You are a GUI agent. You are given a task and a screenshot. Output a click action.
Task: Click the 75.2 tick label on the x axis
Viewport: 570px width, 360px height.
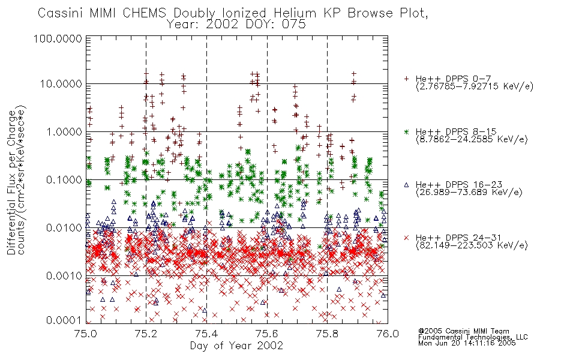click(146, 334)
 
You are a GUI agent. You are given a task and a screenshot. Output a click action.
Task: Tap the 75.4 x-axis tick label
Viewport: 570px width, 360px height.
click(206, 334)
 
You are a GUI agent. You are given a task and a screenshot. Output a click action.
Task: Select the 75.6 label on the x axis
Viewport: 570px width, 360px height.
click(267, 334)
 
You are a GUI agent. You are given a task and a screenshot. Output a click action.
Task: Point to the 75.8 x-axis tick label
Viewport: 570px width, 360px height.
click(327, 334)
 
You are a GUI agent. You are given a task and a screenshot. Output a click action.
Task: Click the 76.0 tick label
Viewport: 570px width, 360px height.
click(388, 334)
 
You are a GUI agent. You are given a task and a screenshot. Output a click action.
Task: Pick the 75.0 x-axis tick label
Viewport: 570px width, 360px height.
click(85, 334)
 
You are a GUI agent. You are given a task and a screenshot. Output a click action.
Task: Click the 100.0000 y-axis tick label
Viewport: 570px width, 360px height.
click(58, 38)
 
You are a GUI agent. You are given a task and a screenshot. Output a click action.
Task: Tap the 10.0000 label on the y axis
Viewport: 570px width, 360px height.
click(61, 84)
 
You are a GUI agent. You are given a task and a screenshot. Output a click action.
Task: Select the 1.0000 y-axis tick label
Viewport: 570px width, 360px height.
click(64, 131)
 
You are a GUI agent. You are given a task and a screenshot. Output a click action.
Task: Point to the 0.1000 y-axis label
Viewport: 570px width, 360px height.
click(64, 179)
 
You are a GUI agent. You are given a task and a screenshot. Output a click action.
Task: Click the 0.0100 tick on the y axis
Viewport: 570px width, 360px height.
click(64, 227)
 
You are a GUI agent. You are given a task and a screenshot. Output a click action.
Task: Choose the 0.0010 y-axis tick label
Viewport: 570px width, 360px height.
click(64, 275)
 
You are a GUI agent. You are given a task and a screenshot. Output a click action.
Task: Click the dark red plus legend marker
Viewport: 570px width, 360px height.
click(406, 79)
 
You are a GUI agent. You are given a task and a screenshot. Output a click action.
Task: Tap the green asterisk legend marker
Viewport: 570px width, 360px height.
click(406, 131)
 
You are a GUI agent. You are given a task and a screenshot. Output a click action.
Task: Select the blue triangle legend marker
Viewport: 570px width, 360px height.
click(406, 185)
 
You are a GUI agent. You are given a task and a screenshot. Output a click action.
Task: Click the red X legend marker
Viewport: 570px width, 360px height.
click(406, 238)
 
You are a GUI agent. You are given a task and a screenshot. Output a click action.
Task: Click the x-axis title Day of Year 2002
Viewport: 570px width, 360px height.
click(236, 346)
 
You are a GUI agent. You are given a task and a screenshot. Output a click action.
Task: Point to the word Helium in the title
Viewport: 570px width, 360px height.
click(295, 13)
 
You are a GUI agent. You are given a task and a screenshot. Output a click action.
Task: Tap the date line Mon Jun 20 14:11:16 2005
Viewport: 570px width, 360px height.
click(467, 343)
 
